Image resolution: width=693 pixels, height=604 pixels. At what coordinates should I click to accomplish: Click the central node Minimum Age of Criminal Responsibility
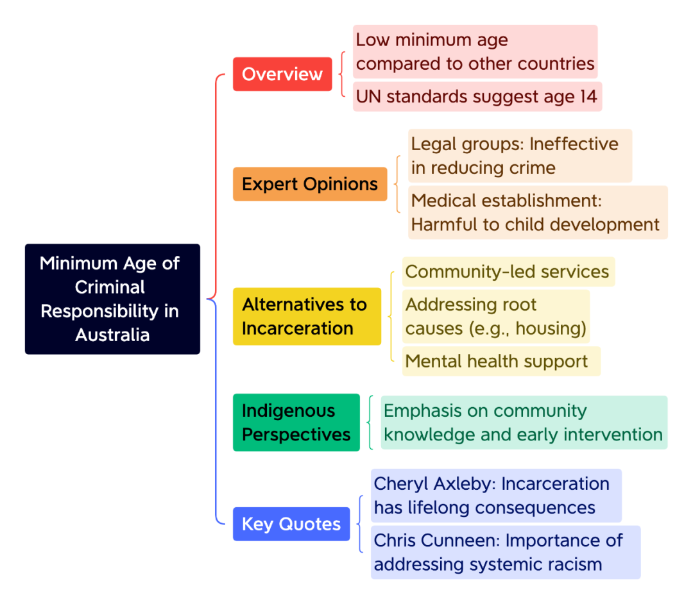pyautogui.click(x=112, y=299)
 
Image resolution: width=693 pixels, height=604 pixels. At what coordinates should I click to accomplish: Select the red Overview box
pyautogui.click(x=282, y=74)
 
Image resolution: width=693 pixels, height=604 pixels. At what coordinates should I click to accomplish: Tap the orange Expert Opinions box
pyautogui.click(x=310, y=184)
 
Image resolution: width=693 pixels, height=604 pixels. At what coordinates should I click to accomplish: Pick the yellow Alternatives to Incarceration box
pyautogui.click(x=307, y=316)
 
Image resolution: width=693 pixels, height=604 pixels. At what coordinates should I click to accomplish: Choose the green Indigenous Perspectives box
pyautogui.click(x=296, y=423)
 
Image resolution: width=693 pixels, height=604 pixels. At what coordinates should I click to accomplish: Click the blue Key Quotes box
pyautogui.click(x=291, y=524)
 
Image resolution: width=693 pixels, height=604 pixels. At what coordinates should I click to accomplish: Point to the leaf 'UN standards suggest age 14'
pyautogui.click(x=477, y=96)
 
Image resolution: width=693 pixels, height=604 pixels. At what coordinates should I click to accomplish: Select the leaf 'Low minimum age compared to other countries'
pyautogui.click(x=475, y=52)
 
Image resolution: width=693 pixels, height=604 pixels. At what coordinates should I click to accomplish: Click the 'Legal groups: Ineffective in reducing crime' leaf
pyautogui.click(x=520, y=156)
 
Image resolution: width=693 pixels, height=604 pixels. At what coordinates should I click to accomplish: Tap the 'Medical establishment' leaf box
pyautogui.click(x=538, y=212)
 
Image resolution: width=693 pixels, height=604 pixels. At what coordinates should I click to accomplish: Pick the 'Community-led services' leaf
pyautogui.click(x=508, y=272)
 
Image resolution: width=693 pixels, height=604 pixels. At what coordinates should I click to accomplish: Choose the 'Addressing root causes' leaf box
pyautogui.click(x=496, y=316)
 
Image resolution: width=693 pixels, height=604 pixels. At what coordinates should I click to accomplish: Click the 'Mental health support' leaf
pyautogui.click(x=501, y=361)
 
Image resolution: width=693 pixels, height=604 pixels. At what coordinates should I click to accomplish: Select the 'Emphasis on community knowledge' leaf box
pyautogui.click(x=524, y=423)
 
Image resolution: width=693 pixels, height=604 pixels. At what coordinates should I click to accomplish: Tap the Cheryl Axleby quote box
pyautogui.click(x=495, y=496)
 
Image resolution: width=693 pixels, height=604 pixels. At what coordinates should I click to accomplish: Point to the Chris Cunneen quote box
pyautogui.click(x=505, y=552)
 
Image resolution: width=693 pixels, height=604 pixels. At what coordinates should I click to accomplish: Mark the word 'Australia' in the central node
pyautogui.click(x=112, y=335)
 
